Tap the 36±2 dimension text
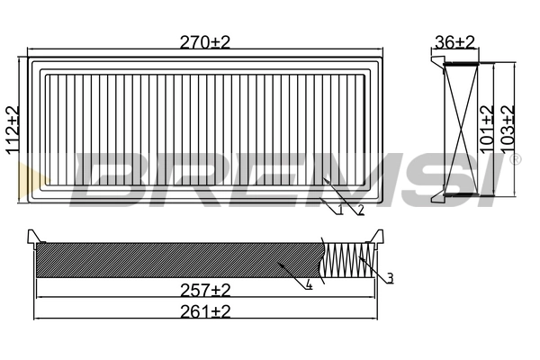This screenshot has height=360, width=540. click(454, 41)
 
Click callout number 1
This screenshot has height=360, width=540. click(341, 211)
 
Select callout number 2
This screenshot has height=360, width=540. click(360, 211)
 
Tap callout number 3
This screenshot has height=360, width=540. click(391, 278)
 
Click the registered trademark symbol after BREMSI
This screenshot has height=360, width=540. click(515, 160)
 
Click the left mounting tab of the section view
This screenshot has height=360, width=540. click(34, 237)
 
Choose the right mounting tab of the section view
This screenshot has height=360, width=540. click(380, 237)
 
